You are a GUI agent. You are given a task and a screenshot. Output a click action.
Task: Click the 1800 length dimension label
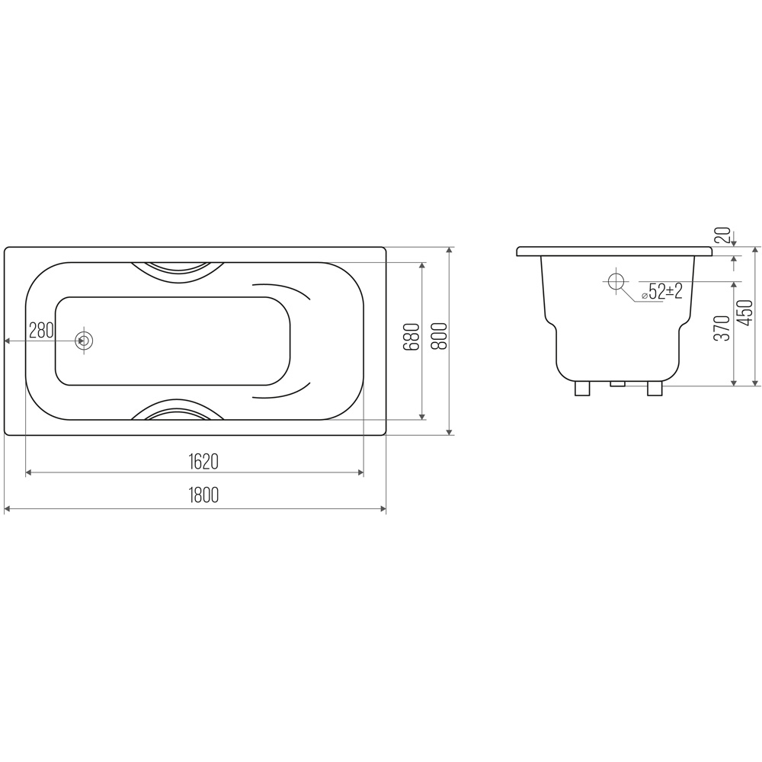point(203,495)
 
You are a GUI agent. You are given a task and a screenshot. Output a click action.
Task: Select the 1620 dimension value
point(203,461)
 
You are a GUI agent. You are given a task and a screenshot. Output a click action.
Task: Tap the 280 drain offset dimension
point(41,331)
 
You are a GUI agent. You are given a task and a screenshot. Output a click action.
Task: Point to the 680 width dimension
point(411,337)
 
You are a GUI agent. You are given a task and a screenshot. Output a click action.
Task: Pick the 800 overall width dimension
point(440,336)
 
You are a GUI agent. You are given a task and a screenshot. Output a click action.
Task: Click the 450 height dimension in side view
point(745,314)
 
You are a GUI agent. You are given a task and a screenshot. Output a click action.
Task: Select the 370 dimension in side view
point(722,328)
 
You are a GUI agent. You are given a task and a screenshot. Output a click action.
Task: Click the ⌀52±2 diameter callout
point(661,292)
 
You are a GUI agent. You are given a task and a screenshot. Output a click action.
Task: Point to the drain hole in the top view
point(84,341)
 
